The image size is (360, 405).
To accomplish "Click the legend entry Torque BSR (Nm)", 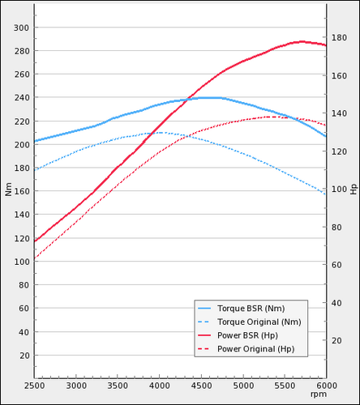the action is [x=251, y=309].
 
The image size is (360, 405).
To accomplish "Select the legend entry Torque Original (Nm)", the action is [x=259, y=322].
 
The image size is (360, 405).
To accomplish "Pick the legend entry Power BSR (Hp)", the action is [x=247, y=335].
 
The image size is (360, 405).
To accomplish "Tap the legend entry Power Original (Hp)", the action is [x=255, y=349].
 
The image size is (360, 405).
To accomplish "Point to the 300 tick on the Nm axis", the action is [x=21, y=28].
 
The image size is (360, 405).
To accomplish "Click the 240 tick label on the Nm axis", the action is [x=21, y=97].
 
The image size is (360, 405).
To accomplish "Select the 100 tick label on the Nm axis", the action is [x=21, y=262].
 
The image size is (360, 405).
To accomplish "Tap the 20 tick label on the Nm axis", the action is [x=24, y=356].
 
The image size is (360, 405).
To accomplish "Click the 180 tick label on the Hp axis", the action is [x=339, y=37].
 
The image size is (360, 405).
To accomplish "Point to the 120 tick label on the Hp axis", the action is [x=339, y=151].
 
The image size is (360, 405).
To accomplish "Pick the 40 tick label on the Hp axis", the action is [x=336, y=303].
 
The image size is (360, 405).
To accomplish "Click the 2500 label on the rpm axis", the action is [x=34, y=386].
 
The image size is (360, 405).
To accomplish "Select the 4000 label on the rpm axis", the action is [x=160, y=386].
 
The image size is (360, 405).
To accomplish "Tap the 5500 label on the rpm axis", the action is [x=285, y=386].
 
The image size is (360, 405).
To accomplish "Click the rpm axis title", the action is [x=319, y=394].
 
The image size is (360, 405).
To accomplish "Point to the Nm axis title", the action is [x=8, y=189].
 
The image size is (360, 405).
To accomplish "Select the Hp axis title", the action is [x=354, y=189].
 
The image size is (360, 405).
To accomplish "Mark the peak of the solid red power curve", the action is [x=302, y=42].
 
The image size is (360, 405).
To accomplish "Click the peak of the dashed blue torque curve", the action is [x=160, y=133].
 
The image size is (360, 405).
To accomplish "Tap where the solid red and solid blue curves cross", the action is [x=187, y=100].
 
